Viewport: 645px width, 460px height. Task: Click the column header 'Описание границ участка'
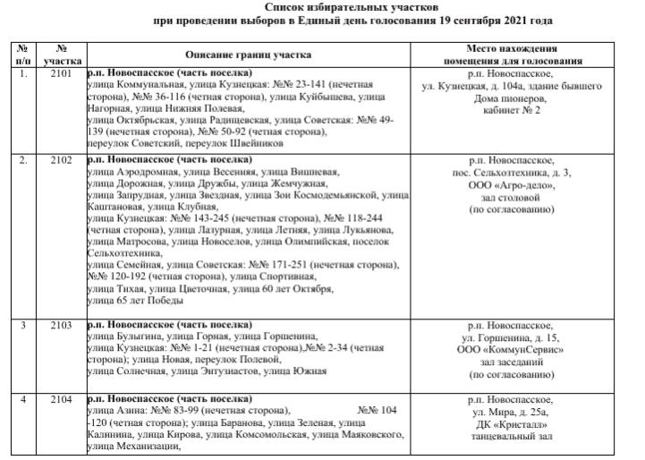tap(249, 55)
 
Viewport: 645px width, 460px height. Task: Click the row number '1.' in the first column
tap(23, 73)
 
